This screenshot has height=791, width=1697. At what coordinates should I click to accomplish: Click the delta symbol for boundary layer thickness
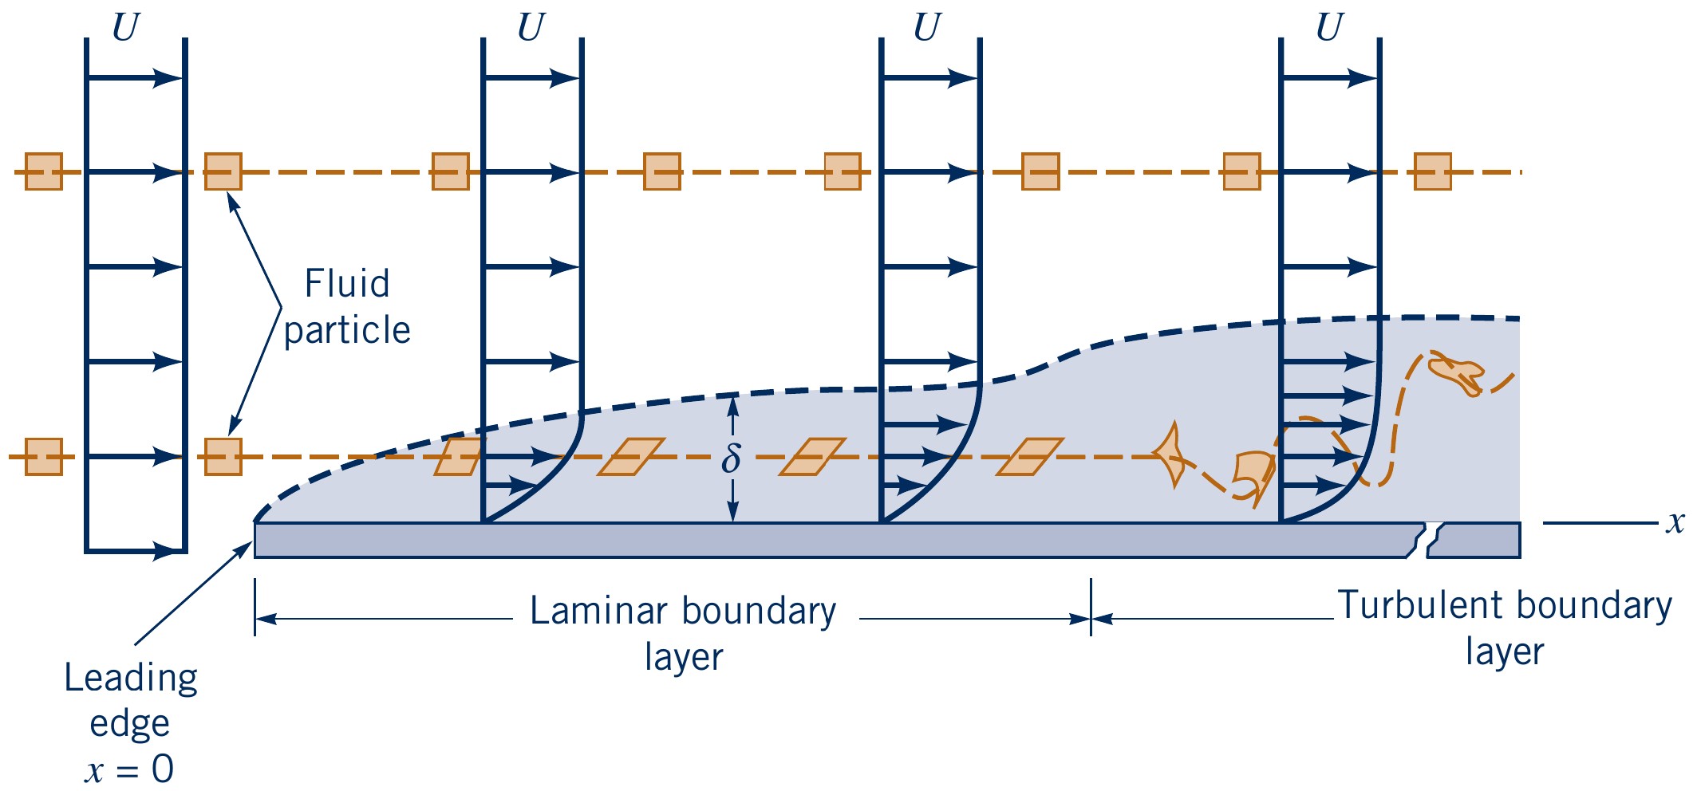(x=731, y=459)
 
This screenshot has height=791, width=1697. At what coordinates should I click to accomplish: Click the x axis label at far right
(x=1675, y=523)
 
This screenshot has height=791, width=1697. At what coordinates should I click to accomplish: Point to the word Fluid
(x=347, y=284)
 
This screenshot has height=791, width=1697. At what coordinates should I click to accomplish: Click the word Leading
(x=131, y=679)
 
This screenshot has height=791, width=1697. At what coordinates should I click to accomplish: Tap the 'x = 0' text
(x=129, y=770)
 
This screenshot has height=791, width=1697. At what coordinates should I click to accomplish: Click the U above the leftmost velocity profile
(x=125, y=28)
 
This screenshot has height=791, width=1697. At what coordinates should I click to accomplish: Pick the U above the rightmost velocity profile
(x=1328, y=28)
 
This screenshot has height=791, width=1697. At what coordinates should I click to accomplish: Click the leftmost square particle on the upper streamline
(x=43, y=171)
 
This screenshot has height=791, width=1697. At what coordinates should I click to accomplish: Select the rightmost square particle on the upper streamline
(x=1432, y=171)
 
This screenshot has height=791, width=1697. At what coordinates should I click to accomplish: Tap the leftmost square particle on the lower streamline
(x=43, y=457)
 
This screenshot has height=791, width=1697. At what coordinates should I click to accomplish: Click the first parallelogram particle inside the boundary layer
(x=459, y=457)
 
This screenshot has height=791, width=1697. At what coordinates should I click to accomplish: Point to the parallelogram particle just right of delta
(x=812, y=457)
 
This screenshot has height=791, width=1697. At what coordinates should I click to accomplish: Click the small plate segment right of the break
(x=1474, y=541)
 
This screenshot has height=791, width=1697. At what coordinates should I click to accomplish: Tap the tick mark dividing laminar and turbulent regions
(x=1091, y=608)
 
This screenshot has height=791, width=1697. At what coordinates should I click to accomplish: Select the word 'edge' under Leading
(x=129, y=724)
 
